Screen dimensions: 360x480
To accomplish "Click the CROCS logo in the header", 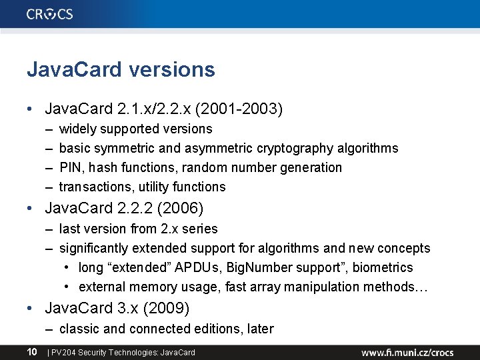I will pyautogui.click(x=50, y=14).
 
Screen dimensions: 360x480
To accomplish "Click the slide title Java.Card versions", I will pyautogui.click(x=121, y=69).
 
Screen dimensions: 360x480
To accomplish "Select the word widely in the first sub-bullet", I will pyautogui.click(x=79, y=129).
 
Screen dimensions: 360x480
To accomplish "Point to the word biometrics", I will pyautogui.click(x=383, y=267).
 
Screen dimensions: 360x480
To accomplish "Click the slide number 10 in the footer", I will pyautogui.click(x=31, y=351).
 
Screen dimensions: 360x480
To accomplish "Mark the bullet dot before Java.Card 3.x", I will pyautogui.click(x=31, y=309).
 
